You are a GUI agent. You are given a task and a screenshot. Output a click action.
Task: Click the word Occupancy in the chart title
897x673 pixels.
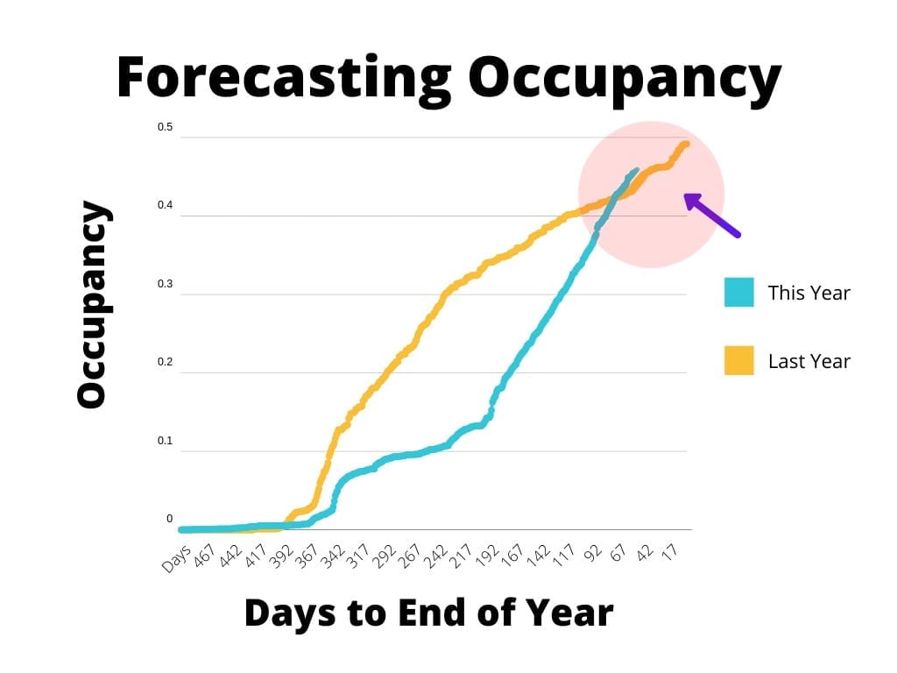coord(624,77)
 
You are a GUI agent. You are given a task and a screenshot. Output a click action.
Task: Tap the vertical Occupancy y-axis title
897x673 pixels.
coord(92,304)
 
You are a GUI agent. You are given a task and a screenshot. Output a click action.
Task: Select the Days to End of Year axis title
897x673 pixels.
coord(428,613)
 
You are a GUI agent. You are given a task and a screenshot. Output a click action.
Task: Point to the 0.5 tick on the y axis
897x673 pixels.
coord(165,128)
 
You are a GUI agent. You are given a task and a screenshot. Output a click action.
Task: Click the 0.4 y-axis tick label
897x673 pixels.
coord(165,206)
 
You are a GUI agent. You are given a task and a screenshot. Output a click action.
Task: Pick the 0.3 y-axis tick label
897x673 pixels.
coord(165,285)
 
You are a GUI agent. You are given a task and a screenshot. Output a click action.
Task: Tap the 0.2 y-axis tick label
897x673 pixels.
coord(165,363)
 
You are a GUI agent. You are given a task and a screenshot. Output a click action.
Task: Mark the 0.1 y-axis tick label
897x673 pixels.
coord(165,441)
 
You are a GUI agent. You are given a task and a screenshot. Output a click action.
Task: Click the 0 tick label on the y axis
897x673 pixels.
coord(169,520)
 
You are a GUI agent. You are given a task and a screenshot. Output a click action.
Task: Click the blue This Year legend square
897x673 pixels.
coord(738,293)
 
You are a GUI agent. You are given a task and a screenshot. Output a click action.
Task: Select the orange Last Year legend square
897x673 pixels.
coord(738,360)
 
